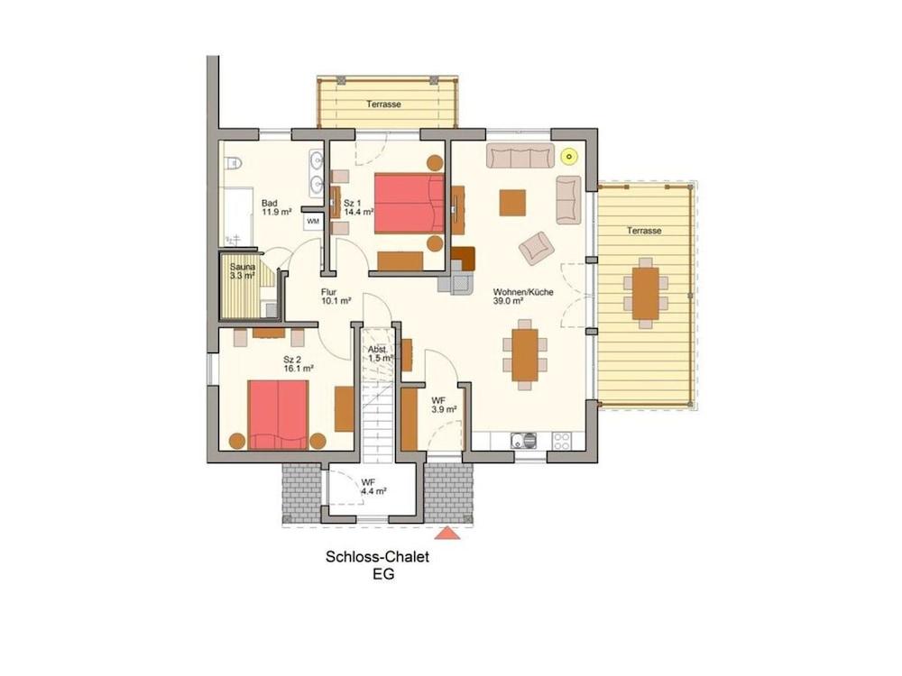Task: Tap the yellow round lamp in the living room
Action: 568,156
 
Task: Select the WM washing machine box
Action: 313,220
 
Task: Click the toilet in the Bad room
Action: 233,163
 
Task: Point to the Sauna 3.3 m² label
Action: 243,271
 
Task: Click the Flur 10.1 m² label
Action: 336,297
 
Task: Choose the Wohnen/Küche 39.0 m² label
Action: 523,297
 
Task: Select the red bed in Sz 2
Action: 279,414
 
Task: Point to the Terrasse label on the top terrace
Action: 383,105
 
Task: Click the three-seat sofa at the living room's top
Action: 520,156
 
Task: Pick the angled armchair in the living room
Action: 536,246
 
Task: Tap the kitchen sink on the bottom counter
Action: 522,441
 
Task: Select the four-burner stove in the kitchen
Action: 561,441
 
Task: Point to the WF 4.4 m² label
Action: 373,487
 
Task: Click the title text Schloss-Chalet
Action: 377,557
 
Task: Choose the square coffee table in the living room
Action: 512,202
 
